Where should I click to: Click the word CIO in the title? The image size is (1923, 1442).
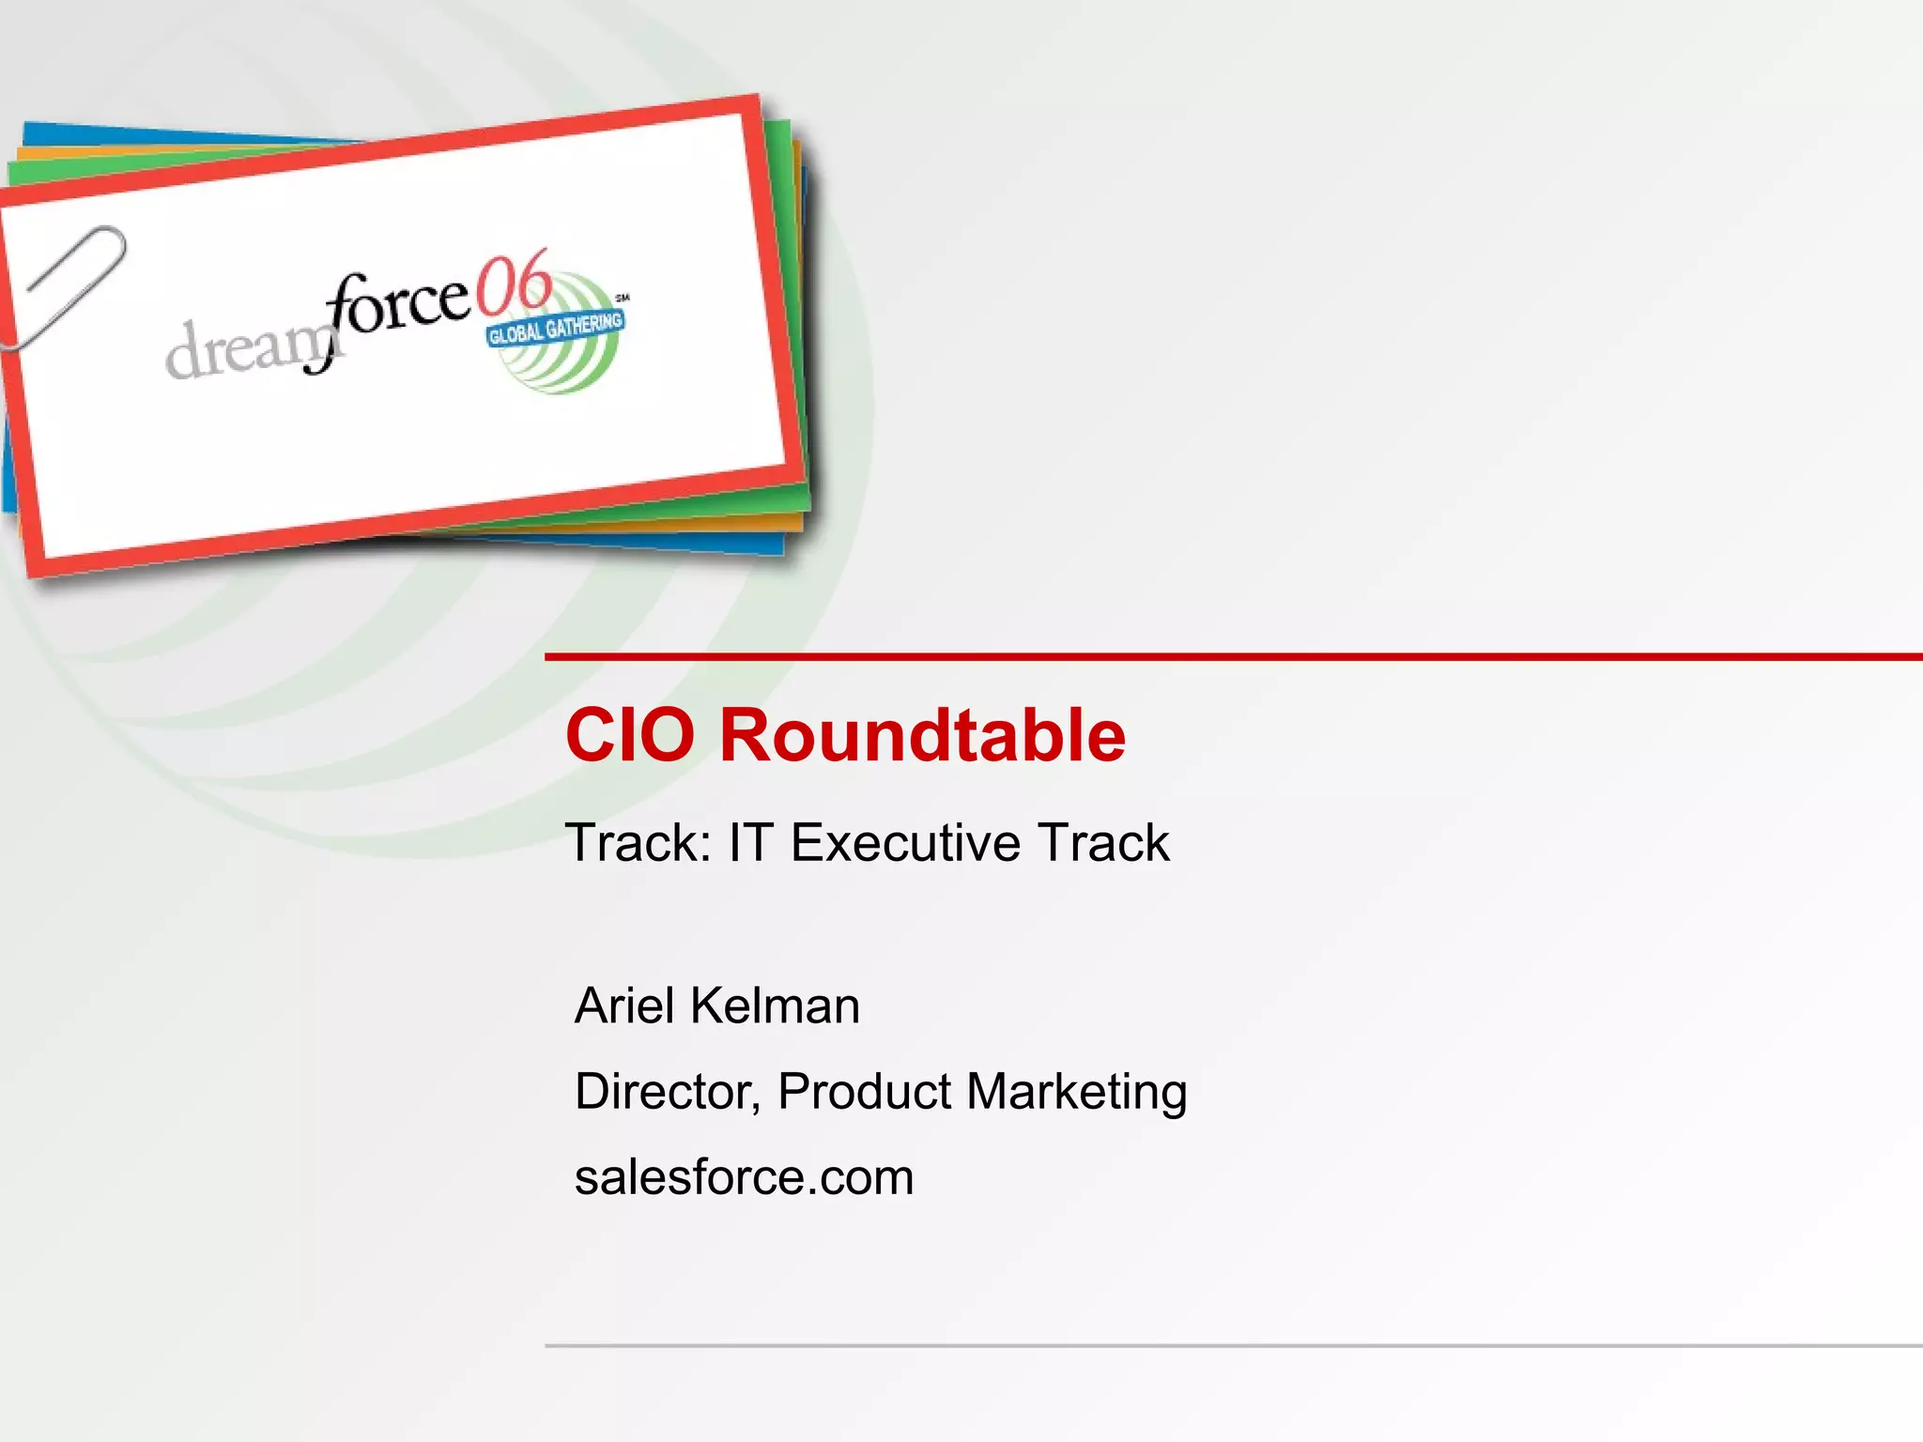coord(629,735)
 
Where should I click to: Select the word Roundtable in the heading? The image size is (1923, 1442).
coord(922,735)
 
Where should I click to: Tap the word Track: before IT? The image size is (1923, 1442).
coord(638,842)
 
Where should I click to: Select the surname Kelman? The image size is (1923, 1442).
coord(775,1005)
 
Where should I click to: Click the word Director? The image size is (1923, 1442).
coord(668,1092)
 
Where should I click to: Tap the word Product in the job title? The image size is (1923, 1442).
coord(864,1092)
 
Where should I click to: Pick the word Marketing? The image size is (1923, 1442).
coord(1076,1092)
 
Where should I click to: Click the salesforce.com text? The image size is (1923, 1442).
coord(744,1177)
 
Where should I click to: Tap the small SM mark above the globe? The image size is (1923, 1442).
coord(622,298)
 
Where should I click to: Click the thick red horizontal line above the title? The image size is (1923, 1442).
coord(1221,656)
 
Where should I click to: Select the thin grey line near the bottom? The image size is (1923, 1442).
coord(1221,1344)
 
